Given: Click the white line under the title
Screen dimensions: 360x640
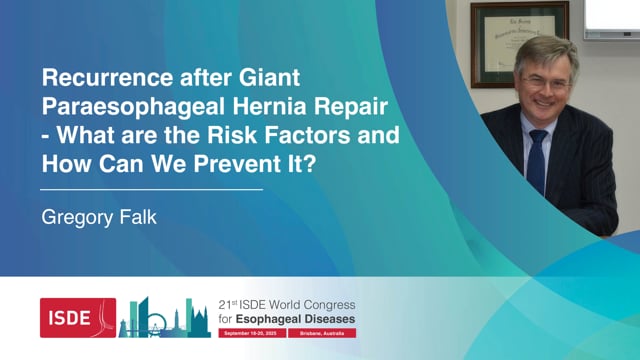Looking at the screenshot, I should (x=151, y=188).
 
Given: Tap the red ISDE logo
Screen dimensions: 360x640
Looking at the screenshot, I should (x=77, y=317).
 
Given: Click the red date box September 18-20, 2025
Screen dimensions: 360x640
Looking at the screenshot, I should (x=251, y=335).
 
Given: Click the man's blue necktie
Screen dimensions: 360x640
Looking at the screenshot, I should (x=537, y=161).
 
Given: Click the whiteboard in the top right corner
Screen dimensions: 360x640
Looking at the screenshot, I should (x=612, y=17).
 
